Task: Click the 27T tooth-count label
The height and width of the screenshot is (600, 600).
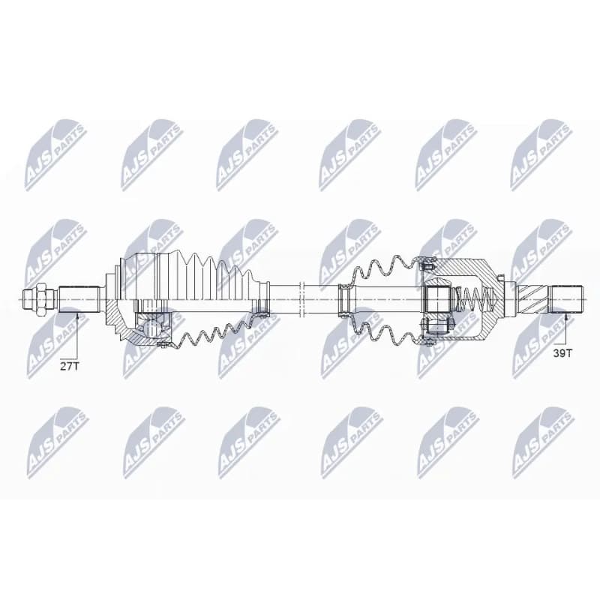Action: (69, 366)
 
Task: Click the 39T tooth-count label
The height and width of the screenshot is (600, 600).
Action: (562, 352)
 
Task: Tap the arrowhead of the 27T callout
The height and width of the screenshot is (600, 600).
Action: (77, 316)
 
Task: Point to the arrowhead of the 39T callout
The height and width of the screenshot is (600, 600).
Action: (565, 316)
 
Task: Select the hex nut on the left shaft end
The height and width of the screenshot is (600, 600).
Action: (40, 298)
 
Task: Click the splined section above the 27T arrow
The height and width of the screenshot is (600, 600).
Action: (79, 298)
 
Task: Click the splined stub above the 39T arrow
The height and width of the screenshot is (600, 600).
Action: (566, 298)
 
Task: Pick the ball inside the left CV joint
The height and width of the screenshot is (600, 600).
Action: (152, 328)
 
